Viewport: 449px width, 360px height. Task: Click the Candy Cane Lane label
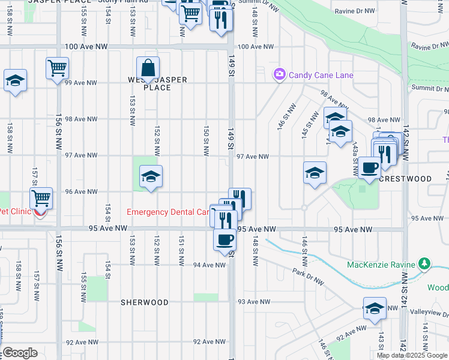[321, 75]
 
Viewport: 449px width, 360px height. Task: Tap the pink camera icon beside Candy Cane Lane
[279, 75]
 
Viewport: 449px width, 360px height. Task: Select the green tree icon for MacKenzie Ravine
[425, 264]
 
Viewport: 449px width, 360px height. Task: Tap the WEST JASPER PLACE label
[158, 83]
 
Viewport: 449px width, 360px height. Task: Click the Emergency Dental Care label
[168, 212]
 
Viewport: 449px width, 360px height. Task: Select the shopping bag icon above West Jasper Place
[148, 68]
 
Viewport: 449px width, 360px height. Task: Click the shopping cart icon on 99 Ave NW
[57, 68]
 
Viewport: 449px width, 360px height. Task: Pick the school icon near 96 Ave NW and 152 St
[151, 176]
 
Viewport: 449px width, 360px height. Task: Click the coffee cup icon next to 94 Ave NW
[225, 239]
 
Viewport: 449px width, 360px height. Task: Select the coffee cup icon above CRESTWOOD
[369, 167]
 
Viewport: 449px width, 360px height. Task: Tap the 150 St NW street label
[206, 142]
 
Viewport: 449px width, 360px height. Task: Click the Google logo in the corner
[19, 353]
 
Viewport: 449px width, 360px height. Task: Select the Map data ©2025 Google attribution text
[411, 355]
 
